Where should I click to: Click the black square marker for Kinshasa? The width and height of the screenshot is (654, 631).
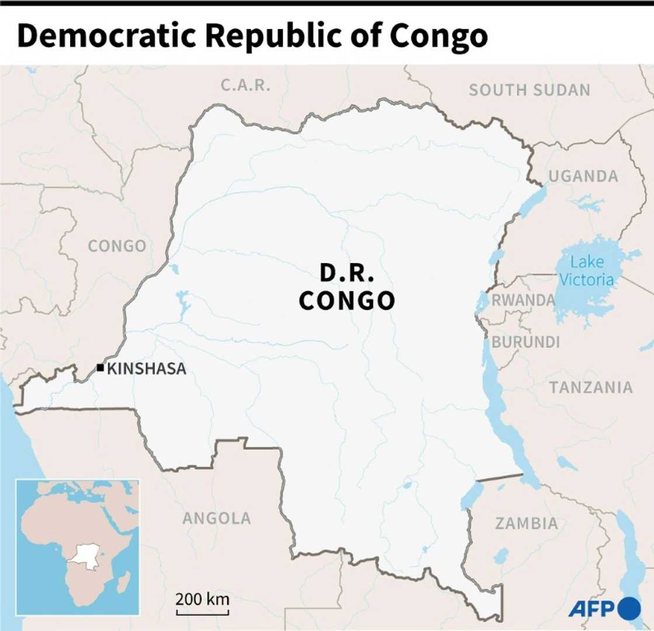click(100, 368)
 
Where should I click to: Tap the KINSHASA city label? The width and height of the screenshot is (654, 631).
click(147, 368)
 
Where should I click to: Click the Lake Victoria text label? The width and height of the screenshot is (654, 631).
click(587, 271)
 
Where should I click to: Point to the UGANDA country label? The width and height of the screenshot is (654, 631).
click(583, 176)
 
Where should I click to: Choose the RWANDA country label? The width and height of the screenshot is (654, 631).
click(523, 300)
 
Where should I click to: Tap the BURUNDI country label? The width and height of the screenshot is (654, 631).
click(526, 342)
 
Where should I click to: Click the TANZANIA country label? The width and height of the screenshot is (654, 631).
click(591, 387)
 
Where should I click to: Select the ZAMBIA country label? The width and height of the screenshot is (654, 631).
click(527, 523)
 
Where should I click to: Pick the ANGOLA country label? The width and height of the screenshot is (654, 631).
click(217, 518)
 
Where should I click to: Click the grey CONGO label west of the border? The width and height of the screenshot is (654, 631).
click(117, 246)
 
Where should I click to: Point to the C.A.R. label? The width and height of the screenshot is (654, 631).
click(246, 85)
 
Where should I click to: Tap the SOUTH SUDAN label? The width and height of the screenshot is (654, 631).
click(530, 90)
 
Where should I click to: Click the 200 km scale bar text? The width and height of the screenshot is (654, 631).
click(203, 599)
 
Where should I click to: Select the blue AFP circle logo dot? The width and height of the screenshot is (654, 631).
click(629, 608)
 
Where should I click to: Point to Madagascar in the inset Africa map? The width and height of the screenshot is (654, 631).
click(124, 581)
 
